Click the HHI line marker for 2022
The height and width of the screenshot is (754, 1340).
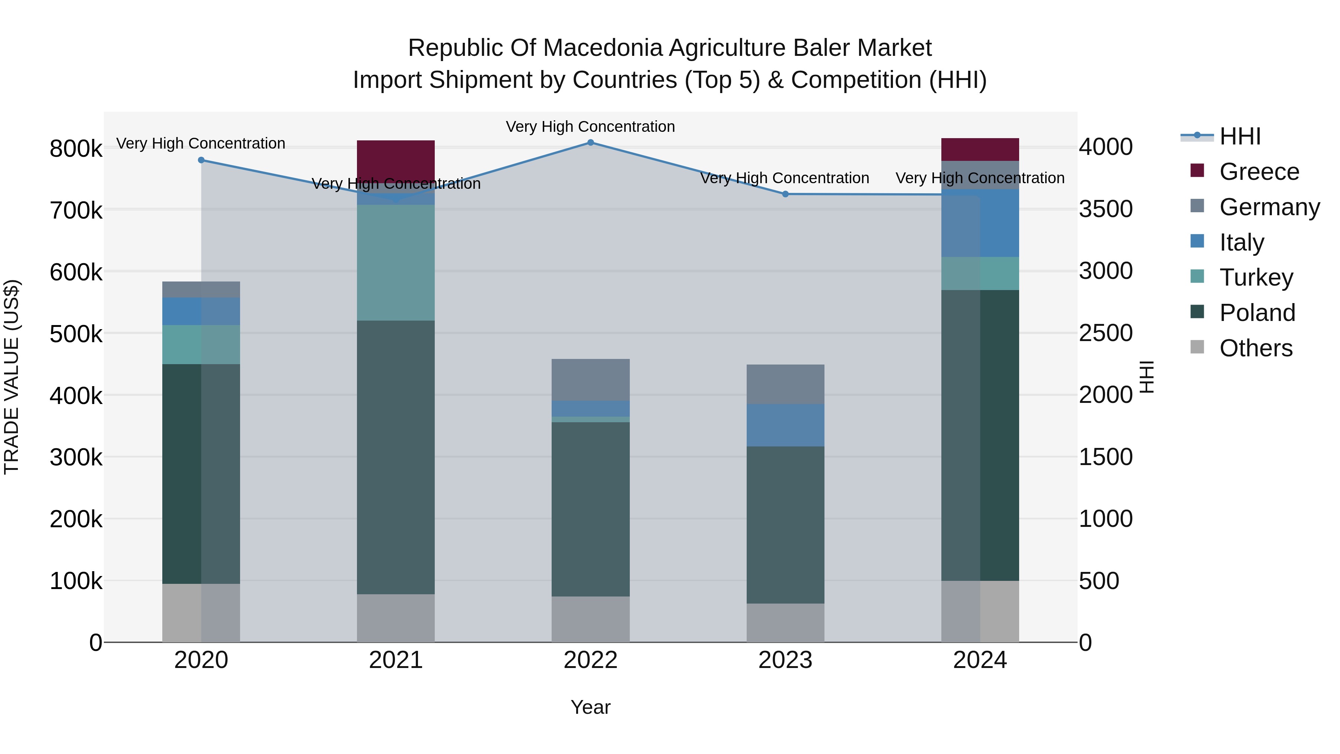(x=590, y=142)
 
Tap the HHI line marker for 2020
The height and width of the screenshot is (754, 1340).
(x=201, y=160)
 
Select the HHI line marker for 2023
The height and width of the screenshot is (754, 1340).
(x=785, y=194)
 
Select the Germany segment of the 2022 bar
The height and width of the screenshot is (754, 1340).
(x=590, y=379)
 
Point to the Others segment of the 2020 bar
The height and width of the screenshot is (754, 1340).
(x=201, y=613)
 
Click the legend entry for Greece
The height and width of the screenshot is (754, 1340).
(x=1259, y=172)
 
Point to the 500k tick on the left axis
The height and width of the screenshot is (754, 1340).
(x=76, y=334)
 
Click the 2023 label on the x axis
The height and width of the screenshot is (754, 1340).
(x=785, y=660)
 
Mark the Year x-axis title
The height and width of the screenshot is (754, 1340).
(x=590, y=707)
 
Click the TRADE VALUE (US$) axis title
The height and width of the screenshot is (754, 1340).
(x=12, y=377)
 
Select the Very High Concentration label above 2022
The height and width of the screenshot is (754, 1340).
(x=590, y=127)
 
